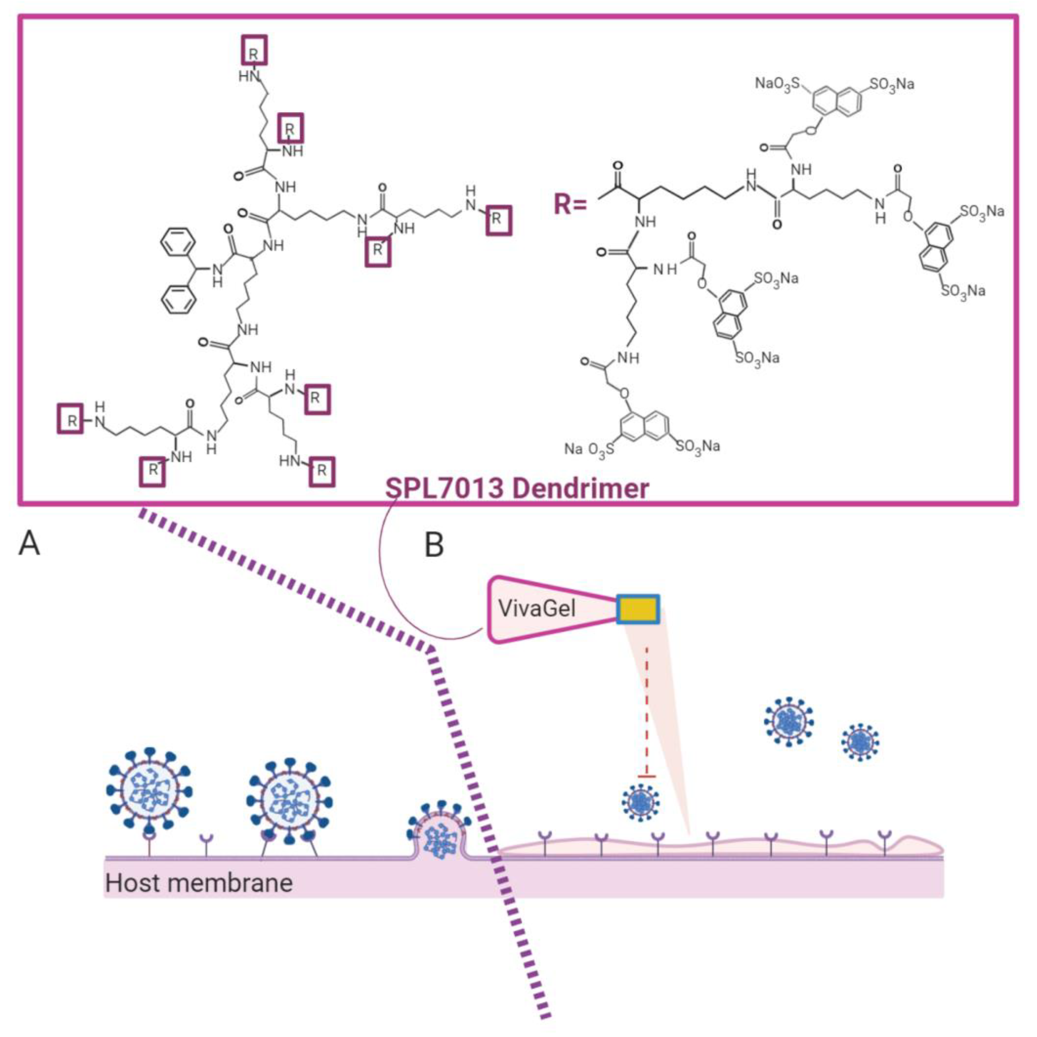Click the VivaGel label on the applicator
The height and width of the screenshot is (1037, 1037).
point(537,608)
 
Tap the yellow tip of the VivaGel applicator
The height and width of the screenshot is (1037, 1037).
point(638,609)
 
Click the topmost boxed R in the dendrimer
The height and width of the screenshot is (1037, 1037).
point(253,51)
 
